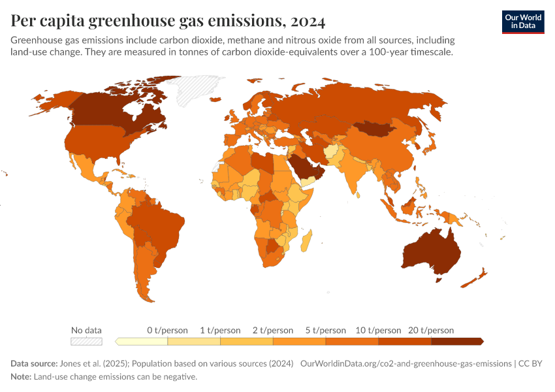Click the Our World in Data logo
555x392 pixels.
pos(522,22)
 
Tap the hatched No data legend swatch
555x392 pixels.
pos(86,341)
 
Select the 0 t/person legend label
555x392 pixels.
pos(167,331)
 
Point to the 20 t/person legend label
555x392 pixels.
pos(431,331)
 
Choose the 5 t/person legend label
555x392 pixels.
pos(325,331)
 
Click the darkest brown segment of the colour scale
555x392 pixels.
pos(456,341)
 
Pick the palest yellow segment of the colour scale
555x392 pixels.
pos(142,341)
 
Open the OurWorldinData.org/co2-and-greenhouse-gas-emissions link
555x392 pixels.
pos(405,364)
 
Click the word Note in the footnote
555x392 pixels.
pos(20,377)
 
